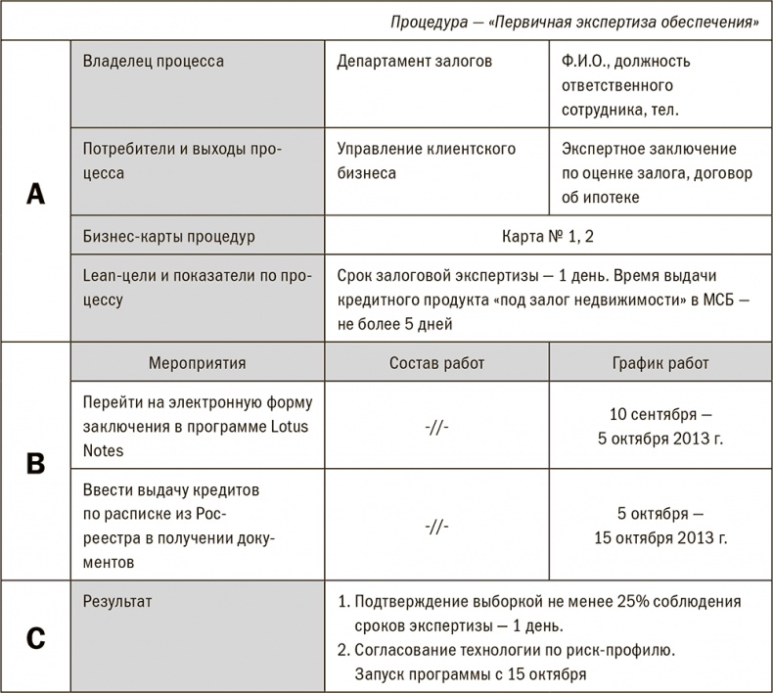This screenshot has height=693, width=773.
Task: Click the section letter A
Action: pos(35,193)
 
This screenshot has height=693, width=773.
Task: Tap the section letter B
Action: pos(35,463)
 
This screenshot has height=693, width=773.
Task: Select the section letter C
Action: pos(35,637)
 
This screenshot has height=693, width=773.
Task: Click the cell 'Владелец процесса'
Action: pos(154,62)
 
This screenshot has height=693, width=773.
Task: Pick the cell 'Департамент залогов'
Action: pos(414,62)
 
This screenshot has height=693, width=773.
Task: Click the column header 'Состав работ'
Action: pos(436,363)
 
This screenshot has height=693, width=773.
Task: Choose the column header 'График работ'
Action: pos(659,363)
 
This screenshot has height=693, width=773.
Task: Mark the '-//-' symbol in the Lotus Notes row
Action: pos(436,427)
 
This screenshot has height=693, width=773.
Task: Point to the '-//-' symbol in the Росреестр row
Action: pos(436,526)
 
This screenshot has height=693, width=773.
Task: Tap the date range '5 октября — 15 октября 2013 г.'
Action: pos(659,525)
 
